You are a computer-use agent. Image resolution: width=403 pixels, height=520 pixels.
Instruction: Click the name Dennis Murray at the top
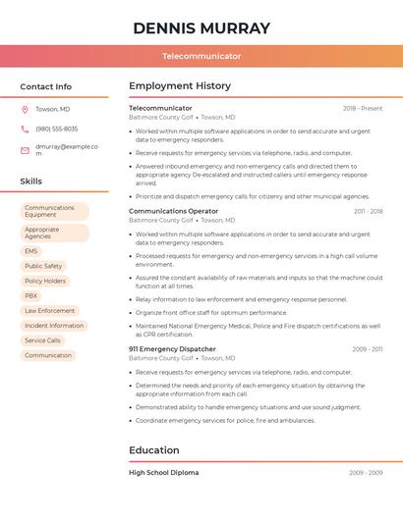tap(201, 27)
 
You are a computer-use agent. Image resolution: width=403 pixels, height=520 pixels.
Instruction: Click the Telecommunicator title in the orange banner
tap(201, 56)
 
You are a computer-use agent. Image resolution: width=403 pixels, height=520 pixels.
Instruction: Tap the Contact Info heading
tap(45, 86)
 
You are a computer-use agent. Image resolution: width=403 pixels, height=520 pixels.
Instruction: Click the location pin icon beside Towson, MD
tap(25, 109)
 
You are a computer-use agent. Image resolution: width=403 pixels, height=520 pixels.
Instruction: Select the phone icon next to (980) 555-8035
tap(25, 129)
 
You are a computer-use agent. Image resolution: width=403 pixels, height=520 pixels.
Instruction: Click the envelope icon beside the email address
tap(25, 150)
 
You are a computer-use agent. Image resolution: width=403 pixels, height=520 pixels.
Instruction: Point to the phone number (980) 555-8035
tap(56, 129)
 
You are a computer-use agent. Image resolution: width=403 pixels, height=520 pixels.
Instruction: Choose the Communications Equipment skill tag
tap(54, 211)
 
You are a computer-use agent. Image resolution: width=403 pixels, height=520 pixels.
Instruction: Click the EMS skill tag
tap(31, 251)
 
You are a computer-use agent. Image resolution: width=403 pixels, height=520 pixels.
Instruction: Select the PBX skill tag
tap(31, 295)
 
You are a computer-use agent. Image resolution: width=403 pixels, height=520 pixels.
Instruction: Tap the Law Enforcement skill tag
tap(49, 310)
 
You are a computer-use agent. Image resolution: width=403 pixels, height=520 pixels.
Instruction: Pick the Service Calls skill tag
tap(42, 340)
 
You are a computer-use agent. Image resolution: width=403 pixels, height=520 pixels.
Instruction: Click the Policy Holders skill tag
tap(45, 281)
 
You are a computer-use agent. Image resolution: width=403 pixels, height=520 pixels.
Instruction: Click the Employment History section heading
tap(179, 86)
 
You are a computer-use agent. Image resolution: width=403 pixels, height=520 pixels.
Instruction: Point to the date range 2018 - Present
tap(363, 109)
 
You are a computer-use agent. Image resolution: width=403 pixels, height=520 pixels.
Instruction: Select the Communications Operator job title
tap(173, 211)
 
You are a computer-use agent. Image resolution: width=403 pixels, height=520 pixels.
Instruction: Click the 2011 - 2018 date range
tap(369, 211)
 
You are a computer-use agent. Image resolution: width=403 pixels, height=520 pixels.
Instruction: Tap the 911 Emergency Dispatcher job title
tap(172, 349)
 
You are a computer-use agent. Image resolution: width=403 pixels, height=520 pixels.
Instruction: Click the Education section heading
tap(153, 450)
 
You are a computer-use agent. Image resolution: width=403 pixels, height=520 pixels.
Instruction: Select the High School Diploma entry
tap(163, 473)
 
